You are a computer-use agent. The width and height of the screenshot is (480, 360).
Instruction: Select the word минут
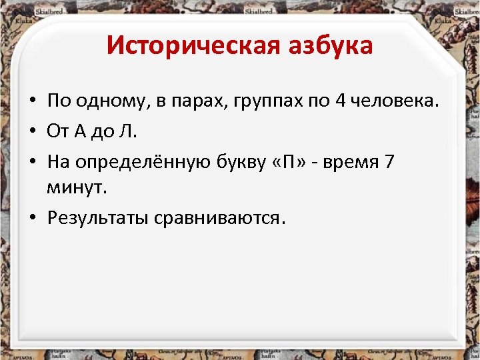coord(77,187)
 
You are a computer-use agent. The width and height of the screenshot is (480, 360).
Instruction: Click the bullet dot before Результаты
coord(32,219)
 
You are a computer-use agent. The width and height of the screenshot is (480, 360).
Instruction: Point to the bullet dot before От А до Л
coord(32,132)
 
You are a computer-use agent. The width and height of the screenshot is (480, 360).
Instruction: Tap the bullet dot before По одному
coord(32,102)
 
